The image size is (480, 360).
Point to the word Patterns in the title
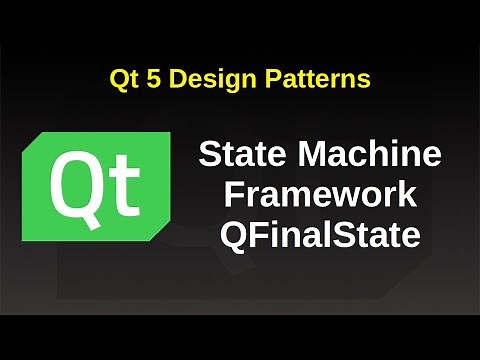coord(316,78)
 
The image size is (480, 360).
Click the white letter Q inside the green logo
coord(79,186)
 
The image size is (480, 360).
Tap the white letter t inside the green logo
coord(128,186)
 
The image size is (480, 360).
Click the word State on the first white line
coord(239,156)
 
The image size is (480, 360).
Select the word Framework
coord(320,196)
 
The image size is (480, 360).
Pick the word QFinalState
coord(320,237)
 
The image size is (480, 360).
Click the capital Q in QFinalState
coord(233,237)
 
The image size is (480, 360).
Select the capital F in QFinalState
coord(260,237)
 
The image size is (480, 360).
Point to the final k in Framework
coord(407,196)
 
